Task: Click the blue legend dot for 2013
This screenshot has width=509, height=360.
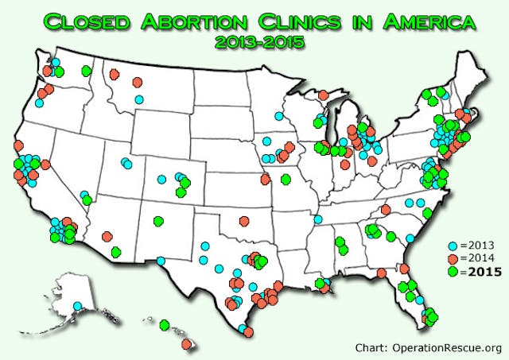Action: click(x=453, y=246)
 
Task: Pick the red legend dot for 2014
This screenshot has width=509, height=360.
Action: click(x=453, y=258)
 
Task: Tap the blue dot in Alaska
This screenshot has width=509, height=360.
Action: click(x=77, y=306)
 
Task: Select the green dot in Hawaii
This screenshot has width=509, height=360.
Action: click(x=165, y=324)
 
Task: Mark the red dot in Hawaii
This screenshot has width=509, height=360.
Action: click(x=187, y=343)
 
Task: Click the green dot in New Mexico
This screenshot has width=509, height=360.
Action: click(x=158, y=221)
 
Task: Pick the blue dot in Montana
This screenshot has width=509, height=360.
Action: click(x=139, y=99)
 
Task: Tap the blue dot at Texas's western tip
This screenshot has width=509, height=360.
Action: click(x=161, y=260)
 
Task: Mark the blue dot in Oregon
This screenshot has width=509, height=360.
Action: click(x=39, y=103)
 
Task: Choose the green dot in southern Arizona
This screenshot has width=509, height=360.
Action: click(x=117, y=252)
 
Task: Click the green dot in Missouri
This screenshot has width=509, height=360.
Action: click(x=286, y=179)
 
